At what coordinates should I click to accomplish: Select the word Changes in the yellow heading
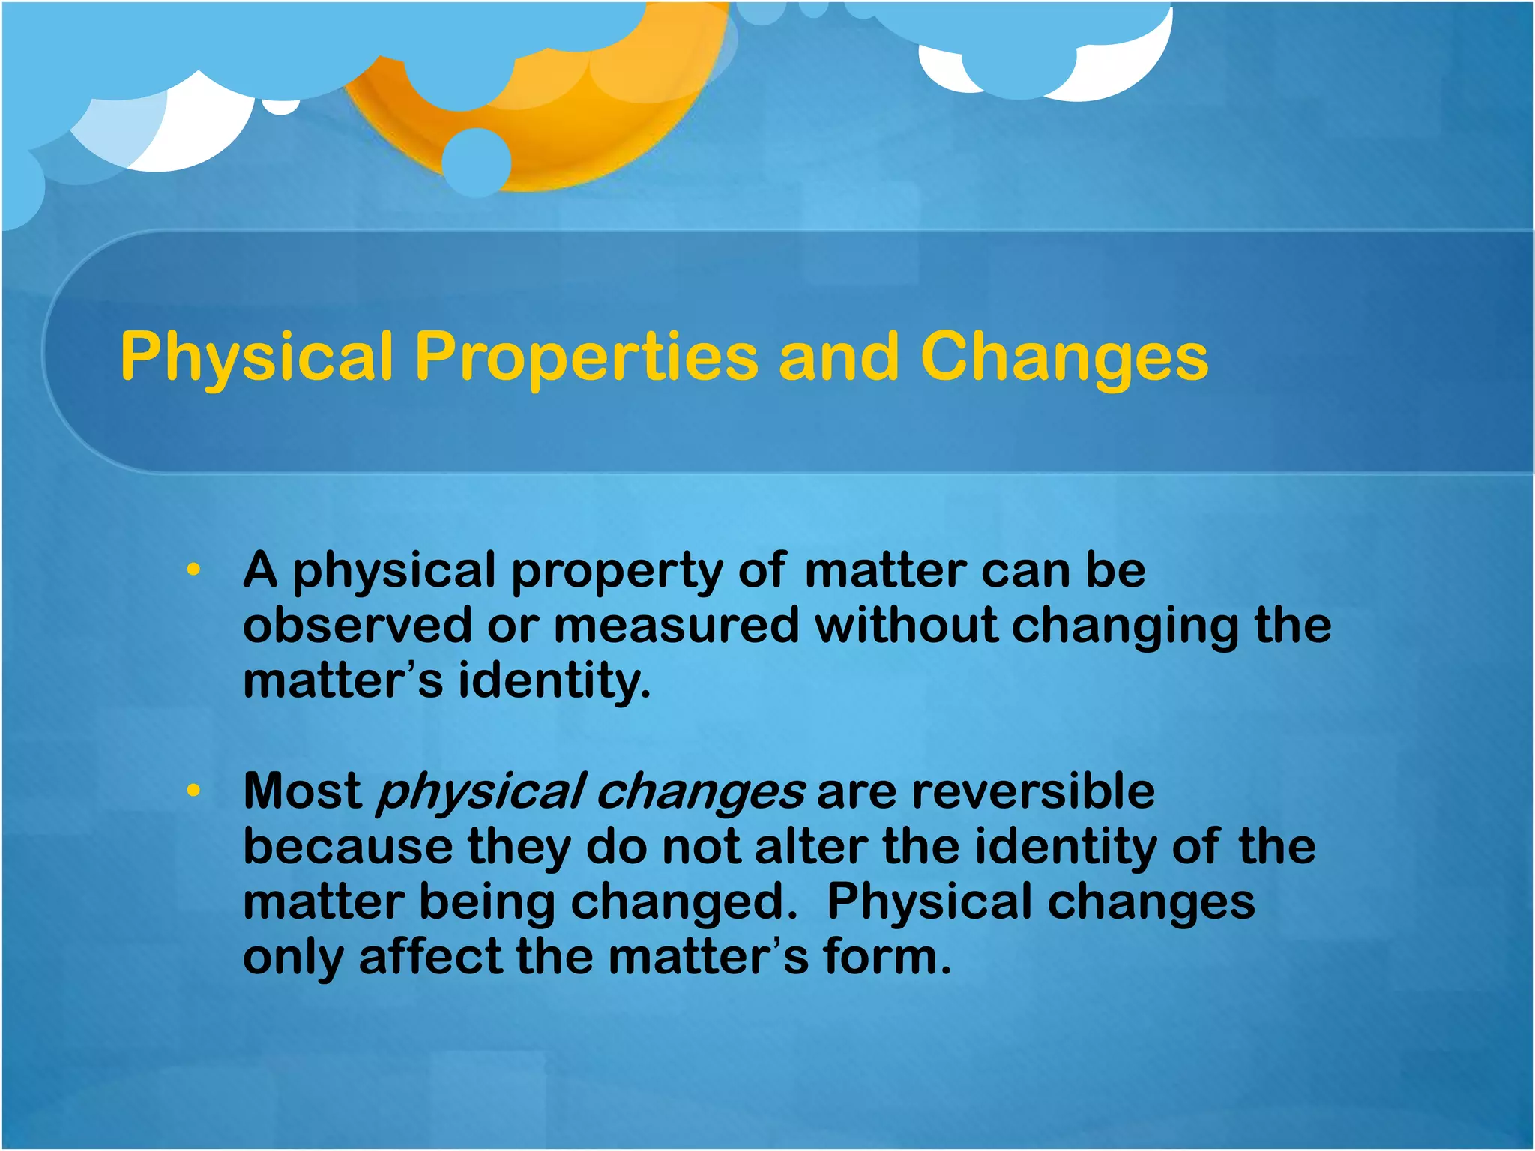[x=1064, y=357]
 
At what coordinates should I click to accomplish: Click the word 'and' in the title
[x=838, y=357]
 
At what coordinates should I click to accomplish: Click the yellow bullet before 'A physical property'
[x=193, y=570]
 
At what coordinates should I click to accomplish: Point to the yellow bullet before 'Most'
[x=193, y=790]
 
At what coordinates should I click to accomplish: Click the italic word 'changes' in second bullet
[x=700, y=792]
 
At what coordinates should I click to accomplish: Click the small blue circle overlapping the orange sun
[x=477, y=163]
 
